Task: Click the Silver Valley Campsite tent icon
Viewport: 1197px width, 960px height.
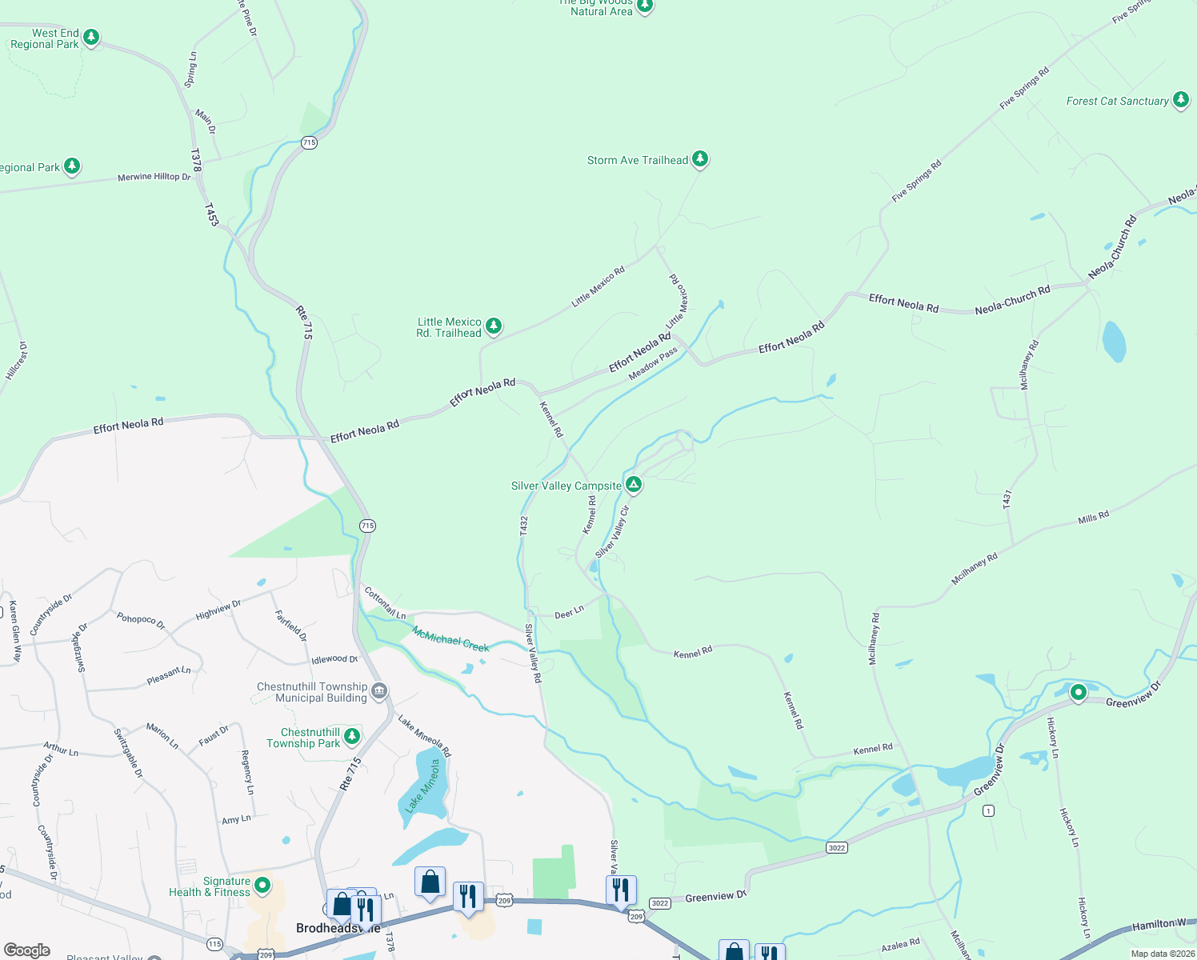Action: point(633,484)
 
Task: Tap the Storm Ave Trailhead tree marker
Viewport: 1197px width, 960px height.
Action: point(700,159)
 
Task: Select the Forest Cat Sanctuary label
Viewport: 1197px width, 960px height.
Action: point(1117,101)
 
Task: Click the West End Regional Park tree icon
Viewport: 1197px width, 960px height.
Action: point(91,37)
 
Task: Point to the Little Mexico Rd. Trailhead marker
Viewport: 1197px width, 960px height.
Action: point(494,326)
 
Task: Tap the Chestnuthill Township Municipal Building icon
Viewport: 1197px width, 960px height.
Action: point(379,690)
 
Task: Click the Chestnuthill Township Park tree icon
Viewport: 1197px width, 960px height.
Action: point(351,736)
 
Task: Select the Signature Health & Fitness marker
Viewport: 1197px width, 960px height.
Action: point(262,886)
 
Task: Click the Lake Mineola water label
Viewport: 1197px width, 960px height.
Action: point(423,786)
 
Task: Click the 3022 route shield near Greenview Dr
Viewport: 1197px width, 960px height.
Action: point(836,847)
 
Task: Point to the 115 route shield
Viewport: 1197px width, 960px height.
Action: point(214,944)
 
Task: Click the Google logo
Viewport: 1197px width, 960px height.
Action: point(26,950)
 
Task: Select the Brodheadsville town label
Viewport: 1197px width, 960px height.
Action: point(338,928)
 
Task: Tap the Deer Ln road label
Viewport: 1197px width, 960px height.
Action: point(569,613)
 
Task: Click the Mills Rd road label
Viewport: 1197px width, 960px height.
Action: point(1093,517)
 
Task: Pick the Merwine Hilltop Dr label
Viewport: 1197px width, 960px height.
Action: point(154,177)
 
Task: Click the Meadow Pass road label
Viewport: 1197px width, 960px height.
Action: point(653,363)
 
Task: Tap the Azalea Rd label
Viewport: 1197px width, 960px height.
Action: point(900,945)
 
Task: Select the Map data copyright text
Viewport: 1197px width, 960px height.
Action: point(1163,954)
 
